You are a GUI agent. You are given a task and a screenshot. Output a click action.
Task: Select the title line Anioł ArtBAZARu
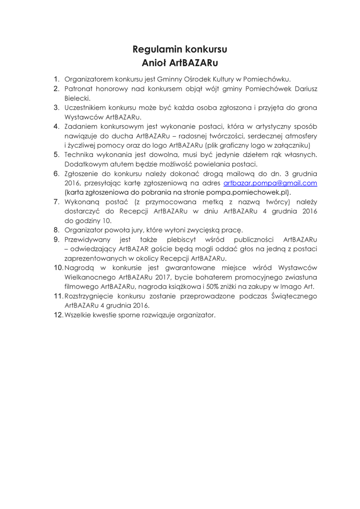180,63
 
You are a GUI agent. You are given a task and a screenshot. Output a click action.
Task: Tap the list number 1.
57,79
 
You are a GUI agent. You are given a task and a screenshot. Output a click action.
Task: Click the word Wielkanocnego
90,277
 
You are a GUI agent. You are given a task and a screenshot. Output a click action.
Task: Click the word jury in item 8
147,230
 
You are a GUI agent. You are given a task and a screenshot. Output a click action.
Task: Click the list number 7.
57,202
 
